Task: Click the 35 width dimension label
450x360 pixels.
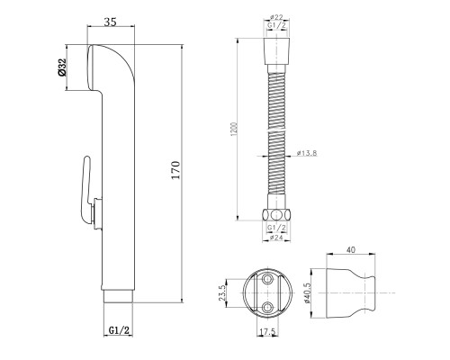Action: (110, 22)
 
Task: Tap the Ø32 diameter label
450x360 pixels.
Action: (62, 67)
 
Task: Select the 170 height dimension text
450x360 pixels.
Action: (175, 170)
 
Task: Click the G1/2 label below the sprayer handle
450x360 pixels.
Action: (119, 330)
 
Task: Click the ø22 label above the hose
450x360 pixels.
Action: (276, 17)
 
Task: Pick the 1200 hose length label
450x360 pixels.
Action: (234, 129)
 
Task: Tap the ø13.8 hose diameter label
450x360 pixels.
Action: (306, 153)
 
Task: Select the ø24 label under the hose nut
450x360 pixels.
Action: (276, 238)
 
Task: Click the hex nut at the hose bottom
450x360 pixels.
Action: (276, 215)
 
